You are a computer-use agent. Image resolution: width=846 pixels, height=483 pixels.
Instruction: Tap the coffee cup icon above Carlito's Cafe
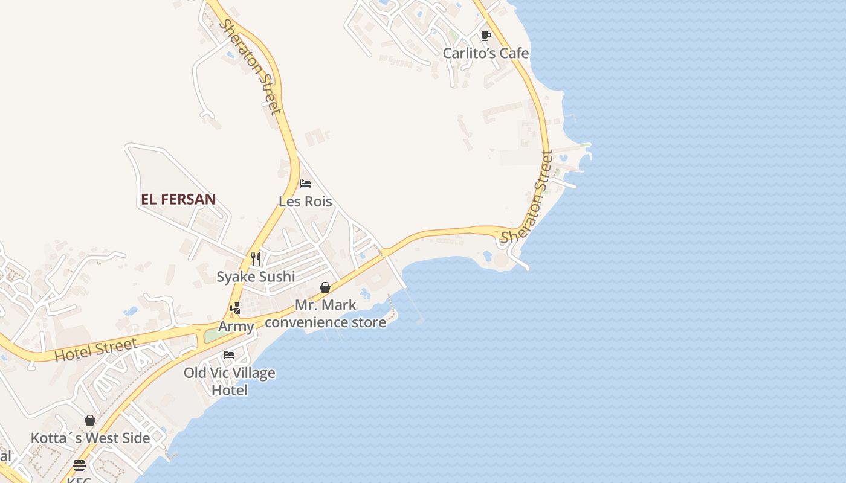485,36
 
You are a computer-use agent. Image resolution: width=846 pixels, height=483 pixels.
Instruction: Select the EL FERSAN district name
178,199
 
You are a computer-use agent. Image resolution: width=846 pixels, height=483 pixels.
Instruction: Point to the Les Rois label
305,201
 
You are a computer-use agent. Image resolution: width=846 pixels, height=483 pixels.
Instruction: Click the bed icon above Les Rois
305,183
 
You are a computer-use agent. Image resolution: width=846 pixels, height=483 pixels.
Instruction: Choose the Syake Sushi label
256,277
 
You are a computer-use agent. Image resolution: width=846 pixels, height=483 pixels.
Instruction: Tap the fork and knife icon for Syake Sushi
256,259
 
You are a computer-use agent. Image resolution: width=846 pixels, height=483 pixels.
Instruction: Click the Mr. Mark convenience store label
325,313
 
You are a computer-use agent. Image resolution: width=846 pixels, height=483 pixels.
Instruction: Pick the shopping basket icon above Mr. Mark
325,287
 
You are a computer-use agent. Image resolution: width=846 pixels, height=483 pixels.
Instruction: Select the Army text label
236,327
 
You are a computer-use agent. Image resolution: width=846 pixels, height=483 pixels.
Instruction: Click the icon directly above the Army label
235,309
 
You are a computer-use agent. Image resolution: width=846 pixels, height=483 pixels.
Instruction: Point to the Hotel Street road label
95,351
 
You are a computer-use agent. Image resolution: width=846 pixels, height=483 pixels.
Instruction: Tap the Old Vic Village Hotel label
229,381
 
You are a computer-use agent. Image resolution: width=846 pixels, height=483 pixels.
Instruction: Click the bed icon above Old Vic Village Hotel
229,354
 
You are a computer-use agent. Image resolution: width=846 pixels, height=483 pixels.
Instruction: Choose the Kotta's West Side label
90,438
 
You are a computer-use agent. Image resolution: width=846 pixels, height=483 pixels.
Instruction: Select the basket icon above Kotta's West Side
90,420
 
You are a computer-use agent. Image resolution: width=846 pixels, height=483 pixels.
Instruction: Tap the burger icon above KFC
79,465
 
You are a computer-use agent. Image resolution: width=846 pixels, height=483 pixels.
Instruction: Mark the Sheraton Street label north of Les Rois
250,66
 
